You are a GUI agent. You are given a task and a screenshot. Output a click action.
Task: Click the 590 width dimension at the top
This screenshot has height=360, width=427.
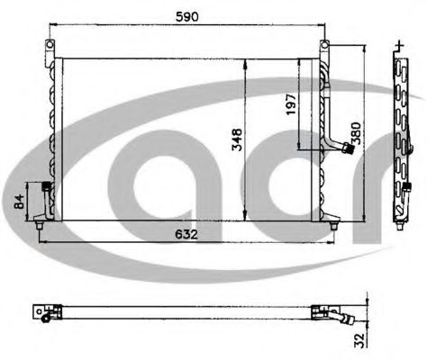(187, 17)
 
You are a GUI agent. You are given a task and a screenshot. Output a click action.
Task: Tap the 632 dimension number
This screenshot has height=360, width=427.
(182, 234)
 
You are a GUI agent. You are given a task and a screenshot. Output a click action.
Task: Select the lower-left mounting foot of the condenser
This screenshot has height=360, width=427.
(37, 222)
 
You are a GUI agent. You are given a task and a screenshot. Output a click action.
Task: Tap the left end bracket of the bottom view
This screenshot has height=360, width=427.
(42, 310)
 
